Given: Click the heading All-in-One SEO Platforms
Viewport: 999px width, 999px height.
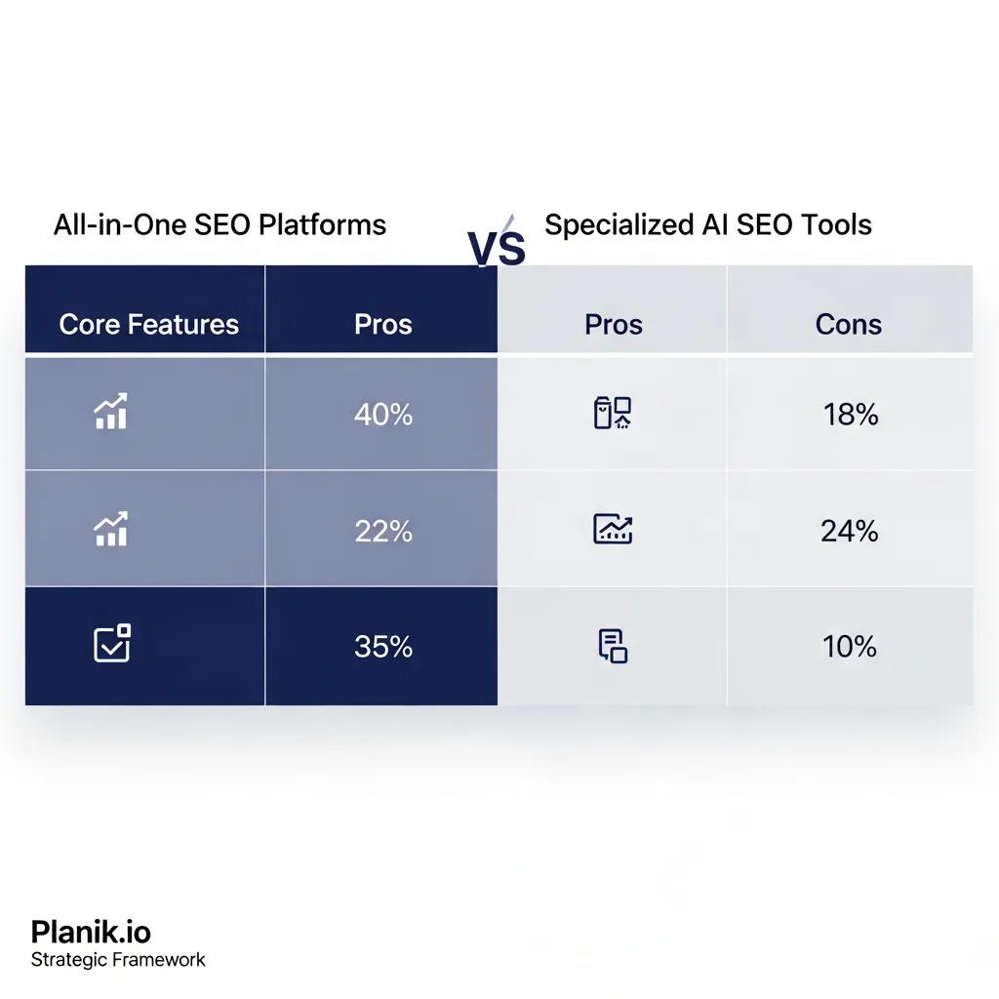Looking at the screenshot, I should (220, 225).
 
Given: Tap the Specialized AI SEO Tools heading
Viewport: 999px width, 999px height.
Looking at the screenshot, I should (708, 225).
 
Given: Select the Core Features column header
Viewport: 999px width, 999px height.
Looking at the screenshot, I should (148, 325).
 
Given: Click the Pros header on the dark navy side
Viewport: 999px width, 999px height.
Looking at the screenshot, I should (382, 325).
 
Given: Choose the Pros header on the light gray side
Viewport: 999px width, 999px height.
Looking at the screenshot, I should (613, 325).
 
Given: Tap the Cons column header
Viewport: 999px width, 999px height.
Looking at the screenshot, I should (848, 325).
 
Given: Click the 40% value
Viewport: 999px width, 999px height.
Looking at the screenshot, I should (382, 415).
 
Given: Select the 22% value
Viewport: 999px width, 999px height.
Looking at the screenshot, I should (382, 531).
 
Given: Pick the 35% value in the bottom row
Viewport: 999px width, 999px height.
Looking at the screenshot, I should (382, 646).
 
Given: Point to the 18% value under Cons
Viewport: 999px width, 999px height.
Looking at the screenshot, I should (851, 415).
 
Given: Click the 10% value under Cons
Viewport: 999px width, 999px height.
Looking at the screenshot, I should (849, 646).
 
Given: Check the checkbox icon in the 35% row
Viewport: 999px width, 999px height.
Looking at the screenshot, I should (112, 644).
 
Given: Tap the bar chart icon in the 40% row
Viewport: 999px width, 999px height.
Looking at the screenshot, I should (112, 413).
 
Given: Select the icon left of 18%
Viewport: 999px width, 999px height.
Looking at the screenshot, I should (613, 414).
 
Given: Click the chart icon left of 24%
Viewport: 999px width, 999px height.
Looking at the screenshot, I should (613, 530).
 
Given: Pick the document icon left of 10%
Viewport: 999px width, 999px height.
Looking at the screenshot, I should (612, 646).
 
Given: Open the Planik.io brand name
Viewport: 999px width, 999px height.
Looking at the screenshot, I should (91, 931).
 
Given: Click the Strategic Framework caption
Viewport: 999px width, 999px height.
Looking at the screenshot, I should (118, 960).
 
